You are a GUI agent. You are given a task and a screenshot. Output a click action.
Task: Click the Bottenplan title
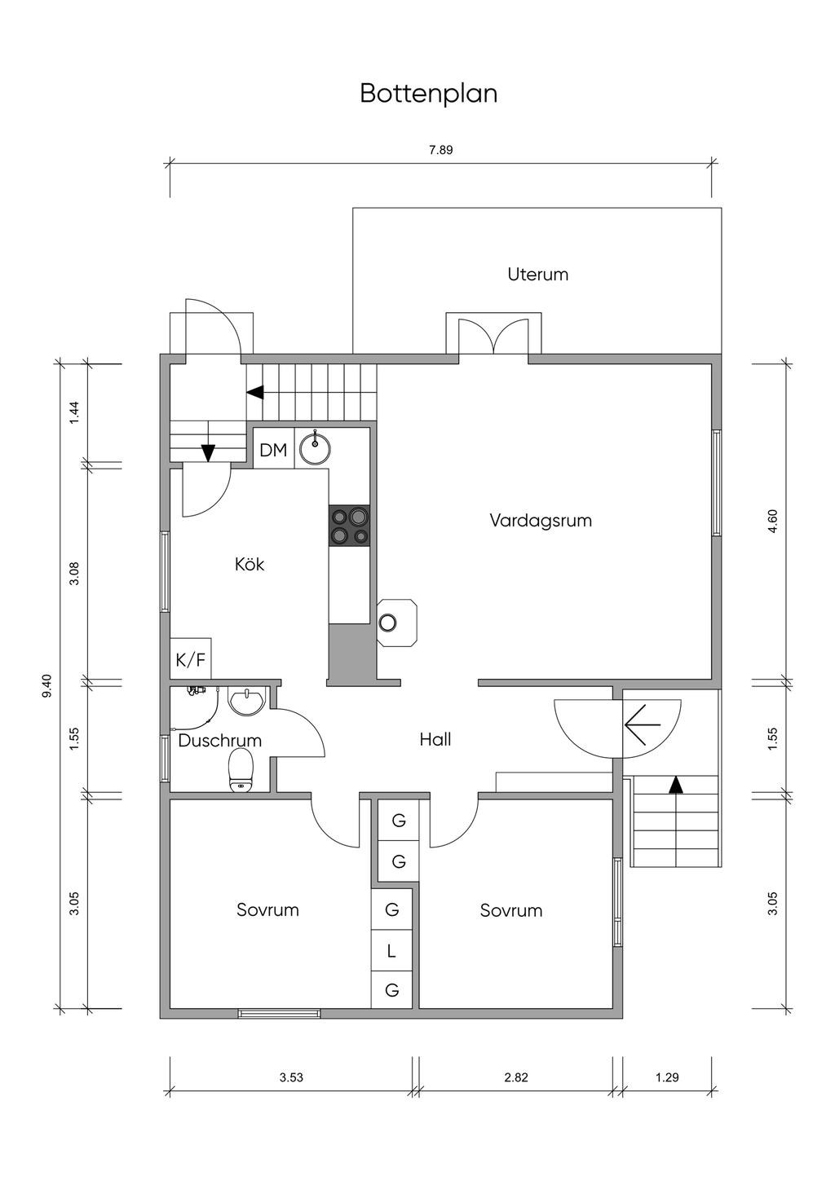(428, 94)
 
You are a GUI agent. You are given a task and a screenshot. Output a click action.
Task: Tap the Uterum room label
(537, 274)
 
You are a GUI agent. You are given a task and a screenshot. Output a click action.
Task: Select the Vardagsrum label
(541, 520)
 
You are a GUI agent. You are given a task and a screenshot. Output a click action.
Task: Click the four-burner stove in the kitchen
(350, 526)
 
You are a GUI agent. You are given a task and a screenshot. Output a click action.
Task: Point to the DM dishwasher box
(273, 449)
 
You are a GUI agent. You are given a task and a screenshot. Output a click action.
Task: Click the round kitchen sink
(315, 448)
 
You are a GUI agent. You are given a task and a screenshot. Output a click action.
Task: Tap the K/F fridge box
(191, 659)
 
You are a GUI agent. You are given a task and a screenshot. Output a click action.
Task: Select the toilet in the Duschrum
(241, 770)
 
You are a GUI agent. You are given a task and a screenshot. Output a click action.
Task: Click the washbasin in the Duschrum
(245, 700)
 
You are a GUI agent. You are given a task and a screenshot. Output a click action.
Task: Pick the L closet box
(391, 950)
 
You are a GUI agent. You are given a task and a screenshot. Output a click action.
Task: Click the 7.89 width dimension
(440, 150)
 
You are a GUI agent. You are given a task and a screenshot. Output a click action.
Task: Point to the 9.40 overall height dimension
(47, 686)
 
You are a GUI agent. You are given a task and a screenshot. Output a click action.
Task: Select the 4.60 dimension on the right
(773, 520)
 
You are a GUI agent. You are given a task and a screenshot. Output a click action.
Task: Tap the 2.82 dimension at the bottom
(516, 1077)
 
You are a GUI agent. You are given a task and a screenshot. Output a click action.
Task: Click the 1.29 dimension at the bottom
(667, 1077)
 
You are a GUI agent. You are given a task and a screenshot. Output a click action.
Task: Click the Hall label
(435, 740)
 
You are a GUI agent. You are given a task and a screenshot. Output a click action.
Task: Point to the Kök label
(250, 564)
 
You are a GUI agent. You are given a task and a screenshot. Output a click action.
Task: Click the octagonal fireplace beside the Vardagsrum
(397, 623)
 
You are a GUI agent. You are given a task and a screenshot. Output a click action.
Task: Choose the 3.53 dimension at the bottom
(291, 1077)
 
